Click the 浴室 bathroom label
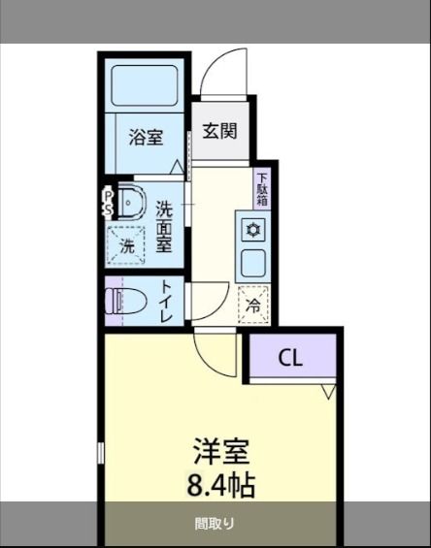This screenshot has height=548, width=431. pos(146,137)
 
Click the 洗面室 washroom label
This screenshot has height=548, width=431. pos(164,225)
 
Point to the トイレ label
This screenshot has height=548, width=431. pos(166,302)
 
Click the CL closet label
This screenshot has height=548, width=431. pos(290,357)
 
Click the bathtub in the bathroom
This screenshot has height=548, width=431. pos(146,85)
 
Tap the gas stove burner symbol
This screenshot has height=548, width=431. pos(252,230)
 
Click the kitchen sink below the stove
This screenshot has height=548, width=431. pos(252,262)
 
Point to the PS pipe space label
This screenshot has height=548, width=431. pos(108,202)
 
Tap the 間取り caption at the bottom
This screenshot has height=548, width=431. pos(215,525)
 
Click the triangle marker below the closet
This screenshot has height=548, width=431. pos(327,392)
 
